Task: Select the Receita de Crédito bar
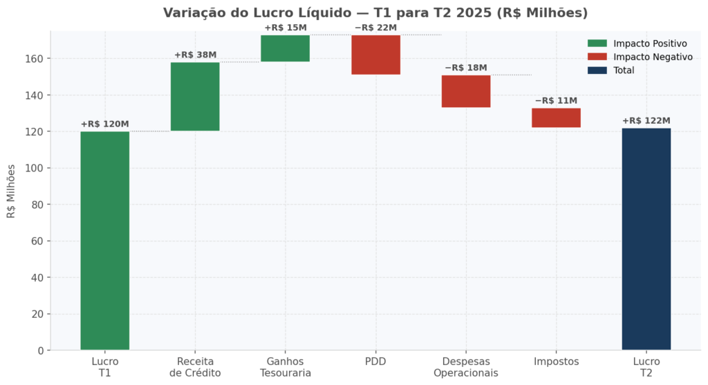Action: pyautogui.click(x=195, y=97)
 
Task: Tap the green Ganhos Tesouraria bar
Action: pyautogui.click(x=285, y=48)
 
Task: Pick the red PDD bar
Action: pyautogui.click(x=375, y=55)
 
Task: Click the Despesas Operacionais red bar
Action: pyautogui.click(x=466, y=91)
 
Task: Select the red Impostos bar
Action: pyautogui.click(x=556, y=118)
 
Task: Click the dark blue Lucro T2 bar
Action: pyautogui.click(x=646, y=238)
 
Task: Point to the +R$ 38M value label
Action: pyautogui.click(x=195, y=55)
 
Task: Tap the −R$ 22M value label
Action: pyautogui.click(x=375, y=28)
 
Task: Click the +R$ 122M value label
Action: pyautogui.click(x=646, y=121)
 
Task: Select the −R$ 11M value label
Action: pyautogui.click(x=556, y=101)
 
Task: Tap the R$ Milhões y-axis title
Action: pyautogui.click(x=11, y=191)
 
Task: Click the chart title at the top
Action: pyautogui.click(x=375, y=13)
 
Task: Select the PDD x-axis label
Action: pyautogui.click(x=375, y=361)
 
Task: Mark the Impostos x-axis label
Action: pyautogui.click(x=556, y=361)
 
